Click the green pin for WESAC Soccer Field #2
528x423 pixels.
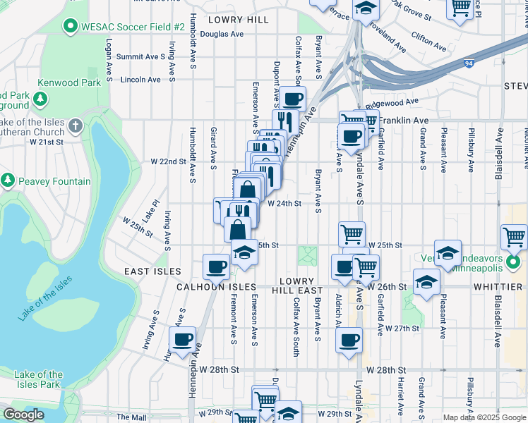tap(70, 27)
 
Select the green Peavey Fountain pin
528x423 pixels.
tap(8, 181)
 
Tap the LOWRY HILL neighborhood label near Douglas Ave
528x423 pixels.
tap(238, 20)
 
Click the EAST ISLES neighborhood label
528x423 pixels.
tap(153, 271)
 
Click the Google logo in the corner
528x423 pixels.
tap(23, 415)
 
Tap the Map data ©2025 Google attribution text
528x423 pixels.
tap(484, 417)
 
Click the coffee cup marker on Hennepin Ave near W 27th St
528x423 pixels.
tap(184, 339)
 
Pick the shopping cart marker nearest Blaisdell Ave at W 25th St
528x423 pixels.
tap(514, 235)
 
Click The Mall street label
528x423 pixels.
tap(131, 417)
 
